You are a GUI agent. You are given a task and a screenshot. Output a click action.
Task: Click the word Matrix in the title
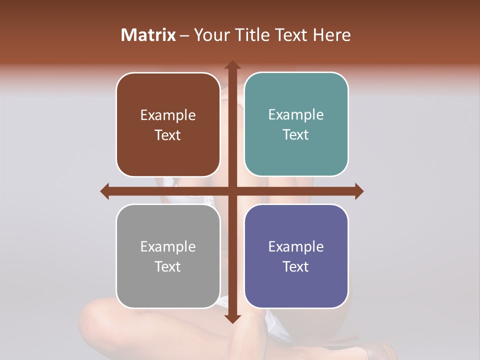click(148, 35)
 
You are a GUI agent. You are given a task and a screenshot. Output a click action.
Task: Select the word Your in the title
click(209, 35)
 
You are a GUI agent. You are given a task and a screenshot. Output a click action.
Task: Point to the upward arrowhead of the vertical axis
click(232, 65)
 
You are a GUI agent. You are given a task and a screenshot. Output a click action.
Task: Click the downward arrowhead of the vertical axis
click(232, 318)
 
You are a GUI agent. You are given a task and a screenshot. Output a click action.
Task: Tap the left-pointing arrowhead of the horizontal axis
click(105, 191)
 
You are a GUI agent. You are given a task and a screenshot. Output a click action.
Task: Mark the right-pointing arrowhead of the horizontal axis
click(359, 191)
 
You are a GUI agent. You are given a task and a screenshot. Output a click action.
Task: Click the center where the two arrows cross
click(232, 191)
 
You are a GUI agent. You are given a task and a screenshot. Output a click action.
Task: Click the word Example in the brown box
click(168, 115)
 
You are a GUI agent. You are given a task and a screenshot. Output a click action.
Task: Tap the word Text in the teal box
click(296, 134)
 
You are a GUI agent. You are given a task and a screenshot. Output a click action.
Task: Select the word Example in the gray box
click(168, 246)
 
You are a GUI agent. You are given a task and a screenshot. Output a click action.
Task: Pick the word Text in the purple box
click(296, 266)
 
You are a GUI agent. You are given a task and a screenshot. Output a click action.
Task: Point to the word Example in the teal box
click(296, 115)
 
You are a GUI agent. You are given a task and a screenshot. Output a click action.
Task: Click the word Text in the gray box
click(168, 266)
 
